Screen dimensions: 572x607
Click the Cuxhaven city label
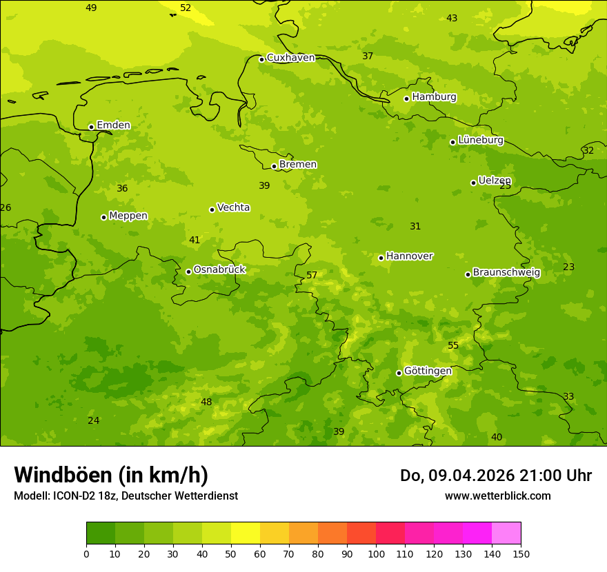[x=290, y=58]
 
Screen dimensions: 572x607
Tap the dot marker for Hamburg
[x=407, y=99]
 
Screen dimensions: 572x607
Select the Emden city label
[x=113, y=125]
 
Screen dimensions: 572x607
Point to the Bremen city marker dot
[x=274, y=166]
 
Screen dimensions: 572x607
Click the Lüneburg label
[x=481, y=140]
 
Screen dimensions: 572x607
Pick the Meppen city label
[x=128, y=216]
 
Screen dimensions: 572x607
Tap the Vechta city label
[x=233, y=207]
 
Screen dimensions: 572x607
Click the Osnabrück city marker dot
[x=188, y=272]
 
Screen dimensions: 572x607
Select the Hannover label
[x=409, y=256]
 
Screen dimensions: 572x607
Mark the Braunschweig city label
[x=506, y=273]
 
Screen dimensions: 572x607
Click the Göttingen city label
[x=428, y=371]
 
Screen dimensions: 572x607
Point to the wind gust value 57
[x=312, y=276]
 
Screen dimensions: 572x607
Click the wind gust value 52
[x=186, y=8]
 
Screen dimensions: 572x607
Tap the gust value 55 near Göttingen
[x=453, y=346]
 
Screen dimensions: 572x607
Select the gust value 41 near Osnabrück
[x=195, y=241]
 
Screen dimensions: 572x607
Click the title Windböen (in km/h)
[x=111, y=475]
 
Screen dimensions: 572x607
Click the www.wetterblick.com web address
[x=497, y=496]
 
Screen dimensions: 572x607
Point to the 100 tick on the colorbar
[x=376, y=553]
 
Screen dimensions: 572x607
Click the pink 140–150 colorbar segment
[x=506, y=533]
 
